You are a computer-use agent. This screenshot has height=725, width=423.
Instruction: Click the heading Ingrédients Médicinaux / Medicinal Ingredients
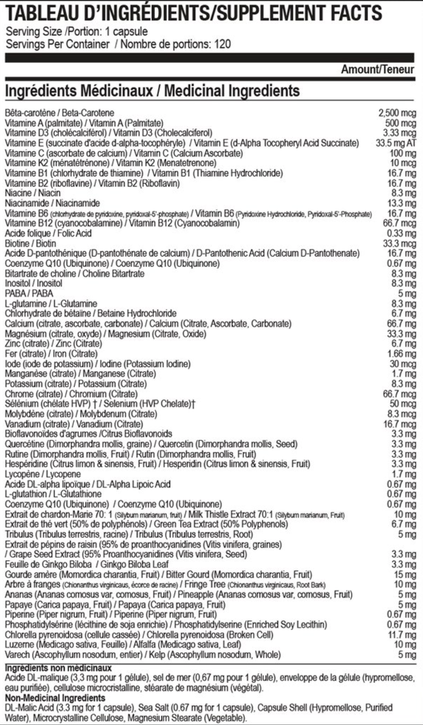(152, 90)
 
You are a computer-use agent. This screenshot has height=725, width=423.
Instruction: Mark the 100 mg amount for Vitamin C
(402, 153)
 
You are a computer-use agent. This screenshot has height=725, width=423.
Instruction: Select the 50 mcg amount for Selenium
(402, 403)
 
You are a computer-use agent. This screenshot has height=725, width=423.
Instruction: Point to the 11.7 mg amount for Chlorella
(401, 634)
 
